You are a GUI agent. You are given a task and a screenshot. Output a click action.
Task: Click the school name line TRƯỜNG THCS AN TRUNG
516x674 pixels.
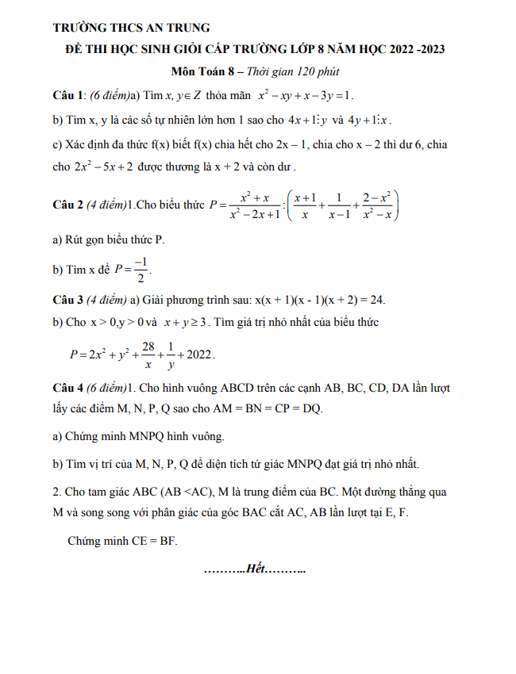pyautogui.click(x=131, y=28)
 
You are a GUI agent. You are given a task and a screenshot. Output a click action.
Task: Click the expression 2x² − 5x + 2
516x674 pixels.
pyautogui.click(x=102, y=168)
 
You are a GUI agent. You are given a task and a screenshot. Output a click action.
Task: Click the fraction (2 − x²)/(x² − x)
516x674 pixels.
pyautogui.click(x=378, y=205)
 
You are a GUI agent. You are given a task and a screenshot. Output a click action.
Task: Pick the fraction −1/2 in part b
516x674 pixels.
pyautogui.click(x=139, y=270)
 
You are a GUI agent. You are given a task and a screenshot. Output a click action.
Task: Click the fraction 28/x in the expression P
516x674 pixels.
pyautogui.click(x=147, y=354)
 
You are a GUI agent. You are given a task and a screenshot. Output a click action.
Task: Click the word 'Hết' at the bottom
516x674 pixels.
pyautogui.click(x=256, y=569)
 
